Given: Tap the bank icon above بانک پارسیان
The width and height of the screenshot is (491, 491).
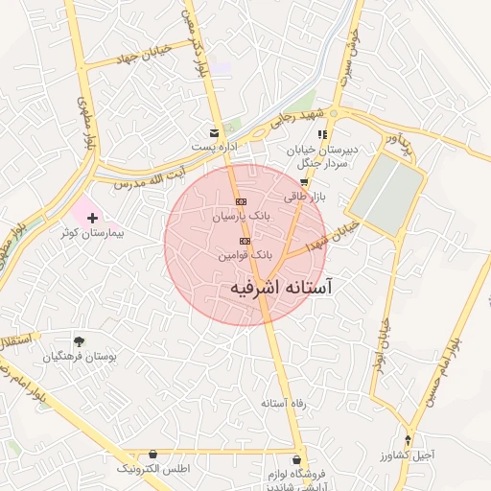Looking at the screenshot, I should [x=241, y=202].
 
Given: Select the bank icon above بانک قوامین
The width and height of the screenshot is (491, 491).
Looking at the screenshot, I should [x=245, y=241].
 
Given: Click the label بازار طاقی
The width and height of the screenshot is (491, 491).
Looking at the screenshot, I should [x=306, y=197].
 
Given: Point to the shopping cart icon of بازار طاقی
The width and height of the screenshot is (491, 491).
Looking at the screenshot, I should [x=304, y=182].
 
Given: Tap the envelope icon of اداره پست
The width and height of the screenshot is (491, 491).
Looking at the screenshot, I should [x=214, y=132].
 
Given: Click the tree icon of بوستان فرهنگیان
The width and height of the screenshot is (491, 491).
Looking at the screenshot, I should [x=79, y=340].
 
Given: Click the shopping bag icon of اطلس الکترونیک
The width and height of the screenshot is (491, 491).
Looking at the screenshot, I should [x=152, y=455].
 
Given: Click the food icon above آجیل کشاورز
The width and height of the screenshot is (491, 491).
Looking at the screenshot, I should [x=409, y=441].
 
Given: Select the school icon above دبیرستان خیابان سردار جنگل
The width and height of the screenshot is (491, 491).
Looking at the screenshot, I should [x=323, y=134].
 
